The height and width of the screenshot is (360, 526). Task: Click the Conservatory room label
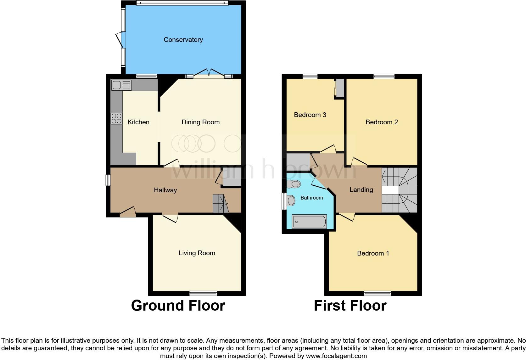(x=183, y=40)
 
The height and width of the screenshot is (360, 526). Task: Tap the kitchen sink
(x=121, y=85)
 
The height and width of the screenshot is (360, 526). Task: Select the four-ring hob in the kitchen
(x=116, y=118)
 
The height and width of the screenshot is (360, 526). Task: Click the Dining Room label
(x=200, y=122)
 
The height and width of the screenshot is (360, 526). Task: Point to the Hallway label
(x=165, y=190)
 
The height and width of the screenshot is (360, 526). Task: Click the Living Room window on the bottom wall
(x=203, y=293)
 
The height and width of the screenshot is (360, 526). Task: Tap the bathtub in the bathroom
(x=310, y=222)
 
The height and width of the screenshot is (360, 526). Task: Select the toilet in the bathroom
(x=294, y=184)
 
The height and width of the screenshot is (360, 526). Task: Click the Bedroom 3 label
(x=310, y=115)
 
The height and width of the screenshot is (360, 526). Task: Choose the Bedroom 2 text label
(x=382, y=122)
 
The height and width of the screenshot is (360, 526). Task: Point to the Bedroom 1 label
(x=373, y=253)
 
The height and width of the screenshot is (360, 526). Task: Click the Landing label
(x=361, y=190)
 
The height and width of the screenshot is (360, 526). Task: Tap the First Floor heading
(x=350, y=306)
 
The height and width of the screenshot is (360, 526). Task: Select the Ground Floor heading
(x=178, y=306)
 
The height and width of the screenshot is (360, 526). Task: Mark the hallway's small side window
(x=108, y=180)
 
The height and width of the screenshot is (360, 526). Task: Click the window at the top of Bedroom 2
(x=384, y=76)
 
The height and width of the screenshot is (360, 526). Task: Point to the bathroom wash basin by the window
(x=291, y=200)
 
